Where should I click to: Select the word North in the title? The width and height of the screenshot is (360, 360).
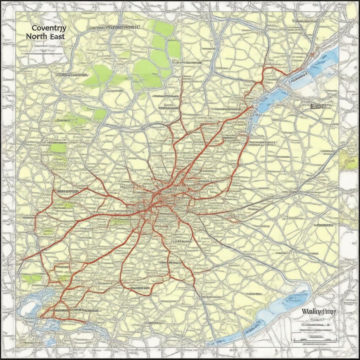(38, 36)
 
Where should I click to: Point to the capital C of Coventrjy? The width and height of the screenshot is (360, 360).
(34, 28)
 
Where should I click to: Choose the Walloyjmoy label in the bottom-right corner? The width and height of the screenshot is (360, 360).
(319, 311)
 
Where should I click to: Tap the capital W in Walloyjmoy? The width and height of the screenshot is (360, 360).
(304, 311)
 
